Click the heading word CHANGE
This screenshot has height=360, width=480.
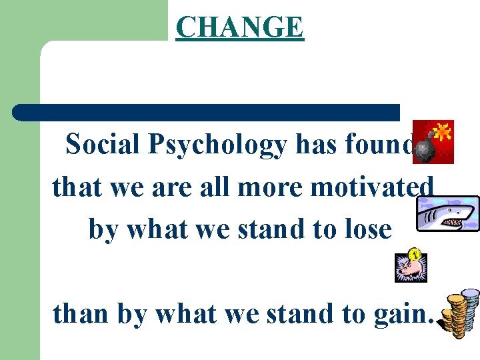point(239,27)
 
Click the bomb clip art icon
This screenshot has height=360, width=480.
point(433,142)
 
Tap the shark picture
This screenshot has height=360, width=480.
point(447,214)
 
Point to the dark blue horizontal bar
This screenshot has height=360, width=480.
point(206,112)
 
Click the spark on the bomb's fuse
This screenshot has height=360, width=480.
point(441,131)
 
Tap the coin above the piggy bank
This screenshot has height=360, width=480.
point(414,254)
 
